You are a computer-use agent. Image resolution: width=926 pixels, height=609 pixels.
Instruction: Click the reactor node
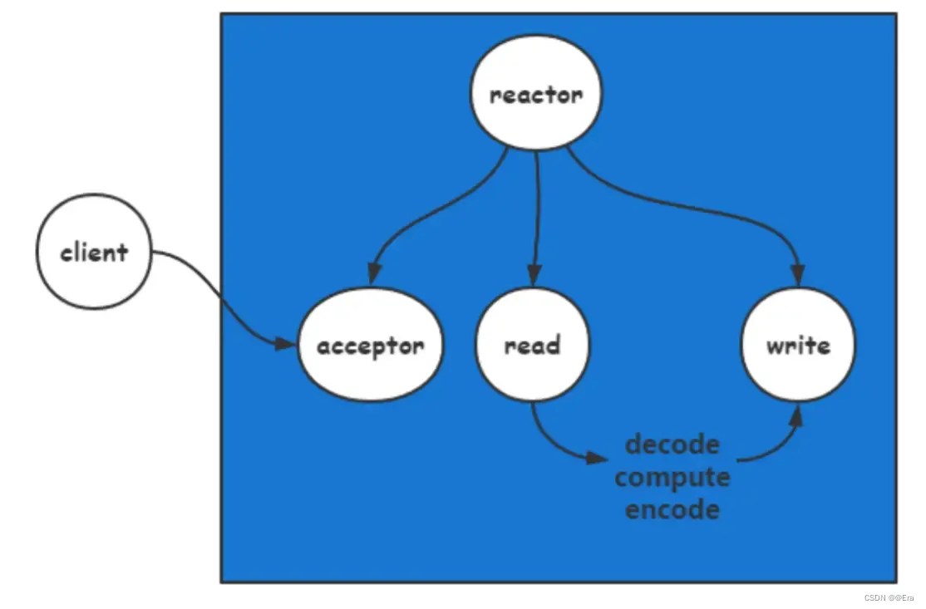tap(536, 95)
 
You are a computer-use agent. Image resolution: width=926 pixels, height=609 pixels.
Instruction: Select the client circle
tap(95, 252)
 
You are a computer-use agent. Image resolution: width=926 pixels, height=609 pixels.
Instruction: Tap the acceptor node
tap(371, 345)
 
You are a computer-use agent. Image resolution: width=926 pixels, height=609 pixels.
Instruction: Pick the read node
tap(533, 345)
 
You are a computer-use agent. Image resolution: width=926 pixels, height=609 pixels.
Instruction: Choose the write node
tap(798, 345)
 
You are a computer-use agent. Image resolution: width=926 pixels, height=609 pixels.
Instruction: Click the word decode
tap(672, 444)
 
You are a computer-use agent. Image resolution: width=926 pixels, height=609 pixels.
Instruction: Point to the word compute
tap(672, 477)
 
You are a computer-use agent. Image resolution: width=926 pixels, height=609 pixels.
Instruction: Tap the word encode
tap(672, 508)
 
